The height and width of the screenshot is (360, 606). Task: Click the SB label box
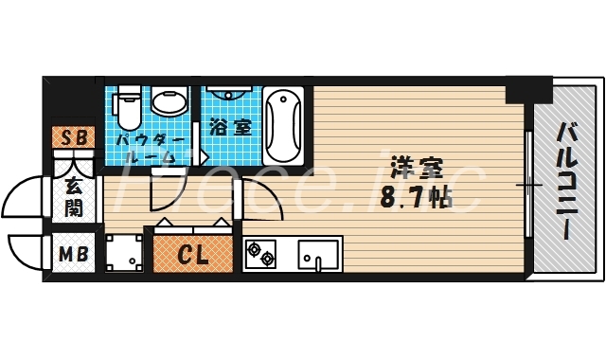point(73,138)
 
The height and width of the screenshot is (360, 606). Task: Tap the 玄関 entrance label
point(73,197)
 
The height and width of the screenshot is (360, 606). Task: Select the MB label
point(73,254)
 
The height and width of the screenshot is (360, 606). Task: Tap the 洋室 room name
point(417,168)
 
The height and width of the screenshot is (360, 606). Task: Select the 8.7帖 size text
point(417,199)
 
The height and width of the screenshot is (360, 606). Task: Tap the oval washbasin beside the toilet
point(169,102)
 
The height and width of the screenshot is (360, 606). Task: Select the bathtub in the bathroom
point(283,125)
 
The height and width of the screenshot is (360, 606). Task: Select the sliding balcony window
point(527,185)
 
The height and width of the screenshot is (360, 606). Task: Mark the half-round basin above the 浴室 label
point(227,97)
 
